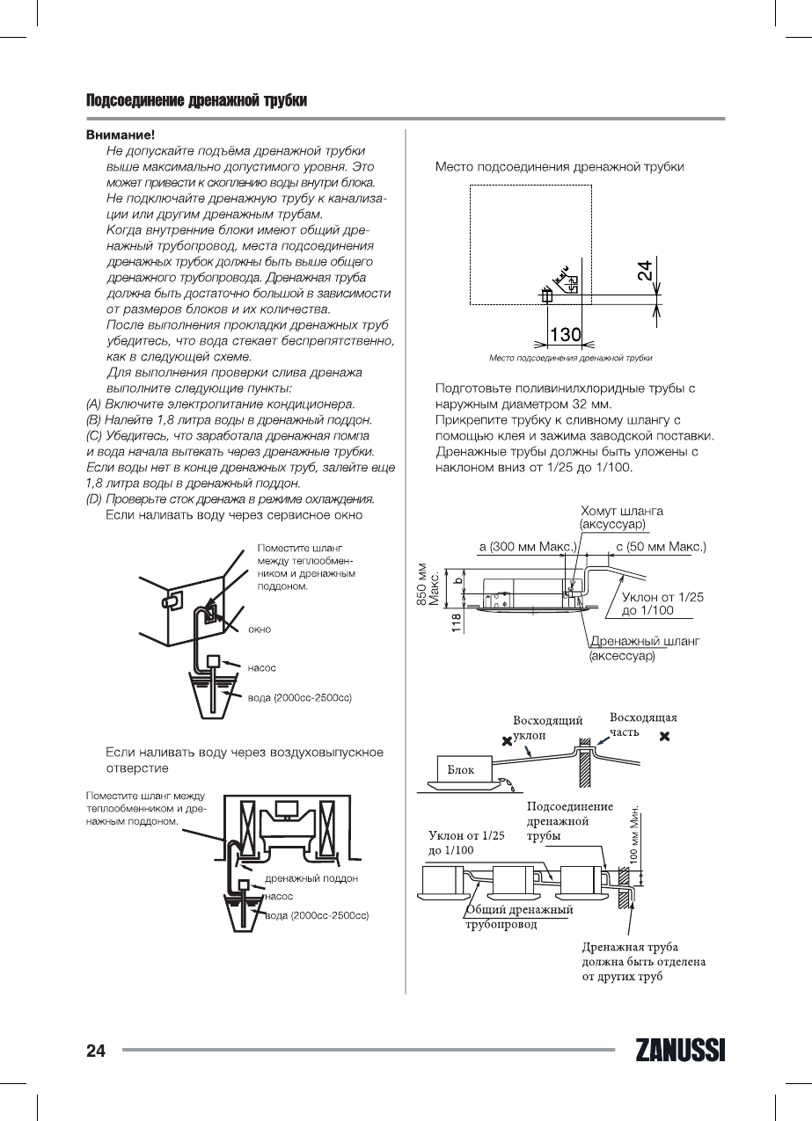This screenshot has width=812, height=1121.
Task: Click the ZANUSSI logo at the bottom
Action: click(x=677, y=1051)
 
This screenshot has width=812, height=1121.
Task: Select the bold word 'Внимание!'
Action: click(x=121, y=135)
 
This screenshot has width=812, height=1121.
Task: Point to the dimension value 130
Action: click(x=565, y=334)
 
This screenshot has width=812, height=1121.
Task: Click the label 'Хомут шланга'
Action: click(x=621, y=511)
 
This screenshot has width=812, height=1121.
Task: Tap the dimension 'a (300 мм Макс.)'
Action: click(x=527, y=547)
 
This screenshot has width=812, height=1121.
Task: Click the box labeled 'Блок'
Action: click(x=460, y=769)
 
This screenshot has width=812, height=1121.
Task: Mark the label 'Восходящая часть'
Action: click(x=643, y=724)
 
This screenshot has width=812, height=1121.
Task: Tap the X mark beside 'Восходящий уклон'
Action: click(x=506, y=741)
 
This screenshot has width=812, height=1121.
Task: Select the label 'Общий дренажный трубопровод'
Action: click(x=519, y=917)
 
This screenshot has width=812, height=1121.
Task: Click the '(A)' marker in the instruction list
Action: click(x=93, y=404)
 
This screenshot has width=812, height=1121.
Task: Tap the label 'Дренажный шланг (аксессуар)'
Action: click(x=644, y=649)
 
